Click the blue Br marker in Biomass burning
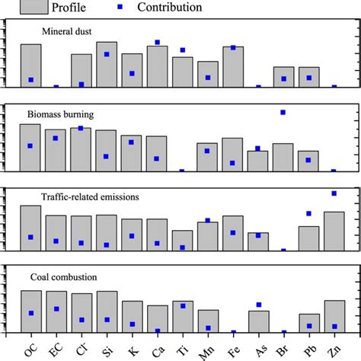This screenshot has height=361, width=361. click(283, 113)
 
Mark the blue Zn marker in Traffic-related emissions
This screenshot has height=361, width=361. click(334, 193)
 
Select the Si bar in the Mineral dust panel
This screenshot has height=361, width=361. click(106, 65)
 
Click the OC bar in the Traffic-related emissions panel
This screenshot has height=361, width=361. click(30, 228)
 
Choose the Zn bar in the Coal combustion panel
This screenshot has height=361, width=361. click(334, 317)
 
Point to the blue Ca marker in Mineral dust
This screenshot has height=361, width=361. click(157, 43)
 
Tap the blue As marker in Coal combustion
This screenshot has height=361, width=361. click(258, 305)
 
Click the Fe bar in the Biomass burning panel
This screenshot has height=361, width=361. click(232, 155)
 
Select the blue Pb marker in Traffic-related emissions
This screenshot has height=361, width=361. click(308, 214)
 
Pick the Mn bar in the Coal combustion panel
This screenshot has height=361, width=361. click(207, 321)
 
